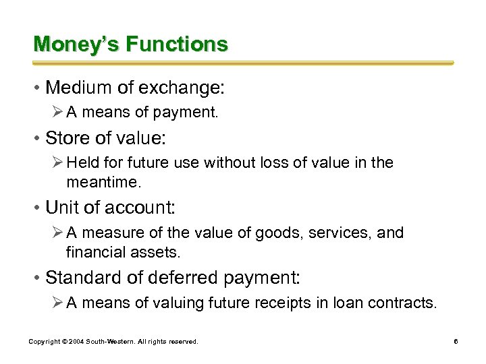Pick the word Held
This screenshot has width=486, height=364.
(82, 163)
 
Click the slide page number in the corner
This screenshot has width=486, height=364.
(456, 342)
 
